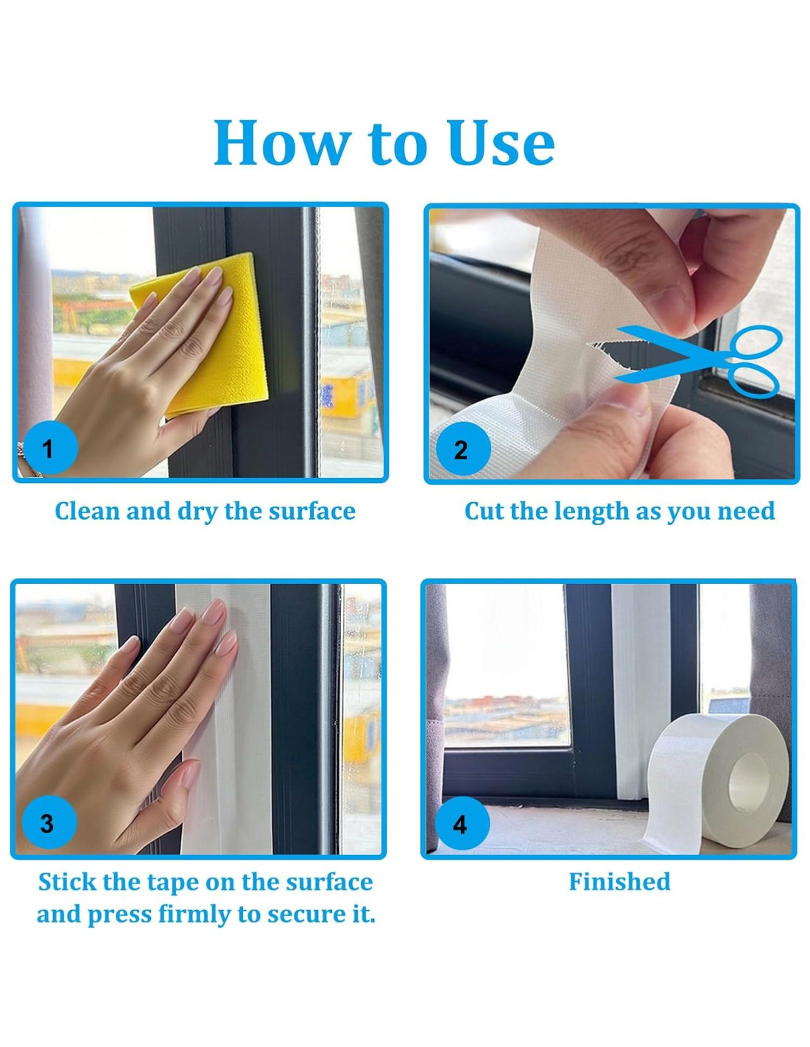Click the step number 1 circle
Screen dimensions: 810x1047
(x=48, y=449)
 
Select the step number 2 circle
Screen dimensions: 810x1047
(x=461, y=450)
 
